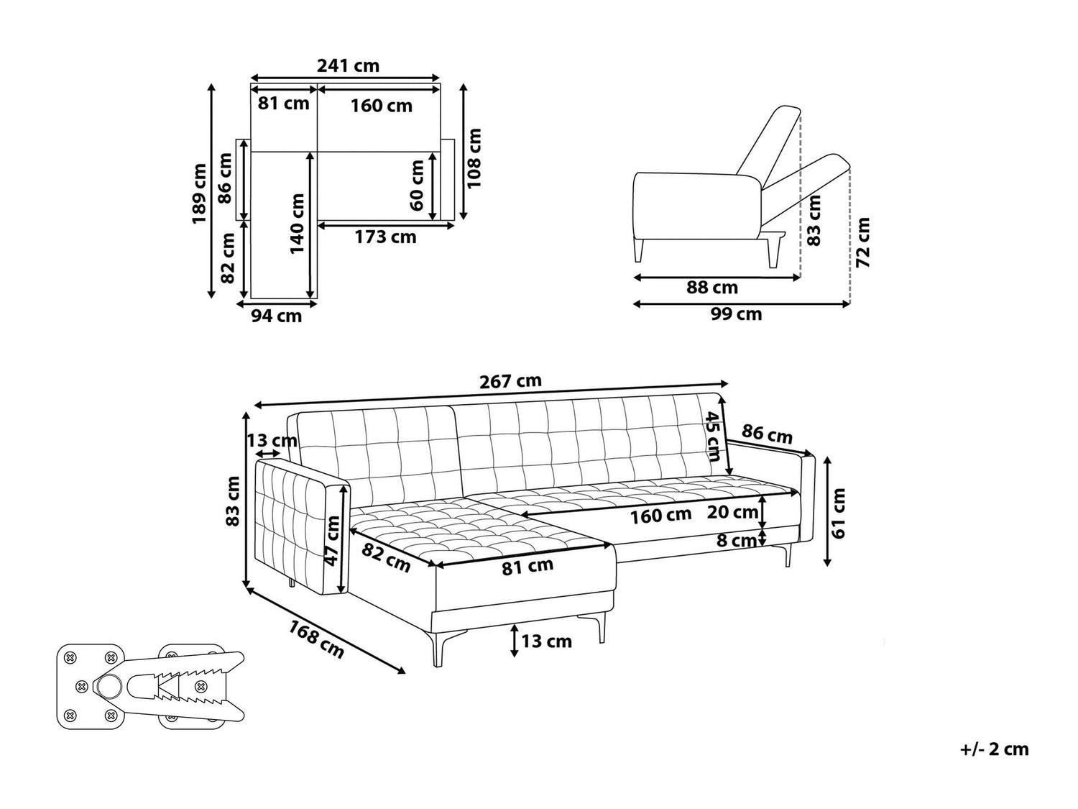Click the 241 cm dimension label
pyautogui.click(x=348, y=65)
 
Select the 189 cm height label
pyautogui.click(x=199, y=193)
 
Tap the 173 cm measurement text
pyautogui.click(x=385, y=237)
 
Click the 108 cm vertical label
pyautogui.click(x=474, y=158)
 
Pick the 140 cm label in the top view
pyautogui.click(x=298, y=224)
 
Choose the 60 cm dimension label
pyautogui.click(x=416, y=186)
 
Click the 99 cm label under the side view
pyautogui.click(x=737, y=314)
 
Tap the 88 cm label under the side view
pyautogui.click(x=712, y=288)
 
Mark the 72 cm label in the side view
pyautogui.click(x=863, y=242)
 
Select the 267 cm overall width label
pyautogui.click(x=510, y=382)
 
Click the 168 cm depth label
pyautogui.click(x=316, y=639)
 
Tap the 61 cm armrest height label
pyautogui.click(x=838, y=513)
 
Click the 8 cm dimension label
pyautogui.click(x=737, y=540)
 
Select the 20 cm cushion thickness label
pyautogui.click(x=732, y=512)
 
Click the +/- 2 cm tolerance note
pyautogui.click(x=994, y=749)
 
